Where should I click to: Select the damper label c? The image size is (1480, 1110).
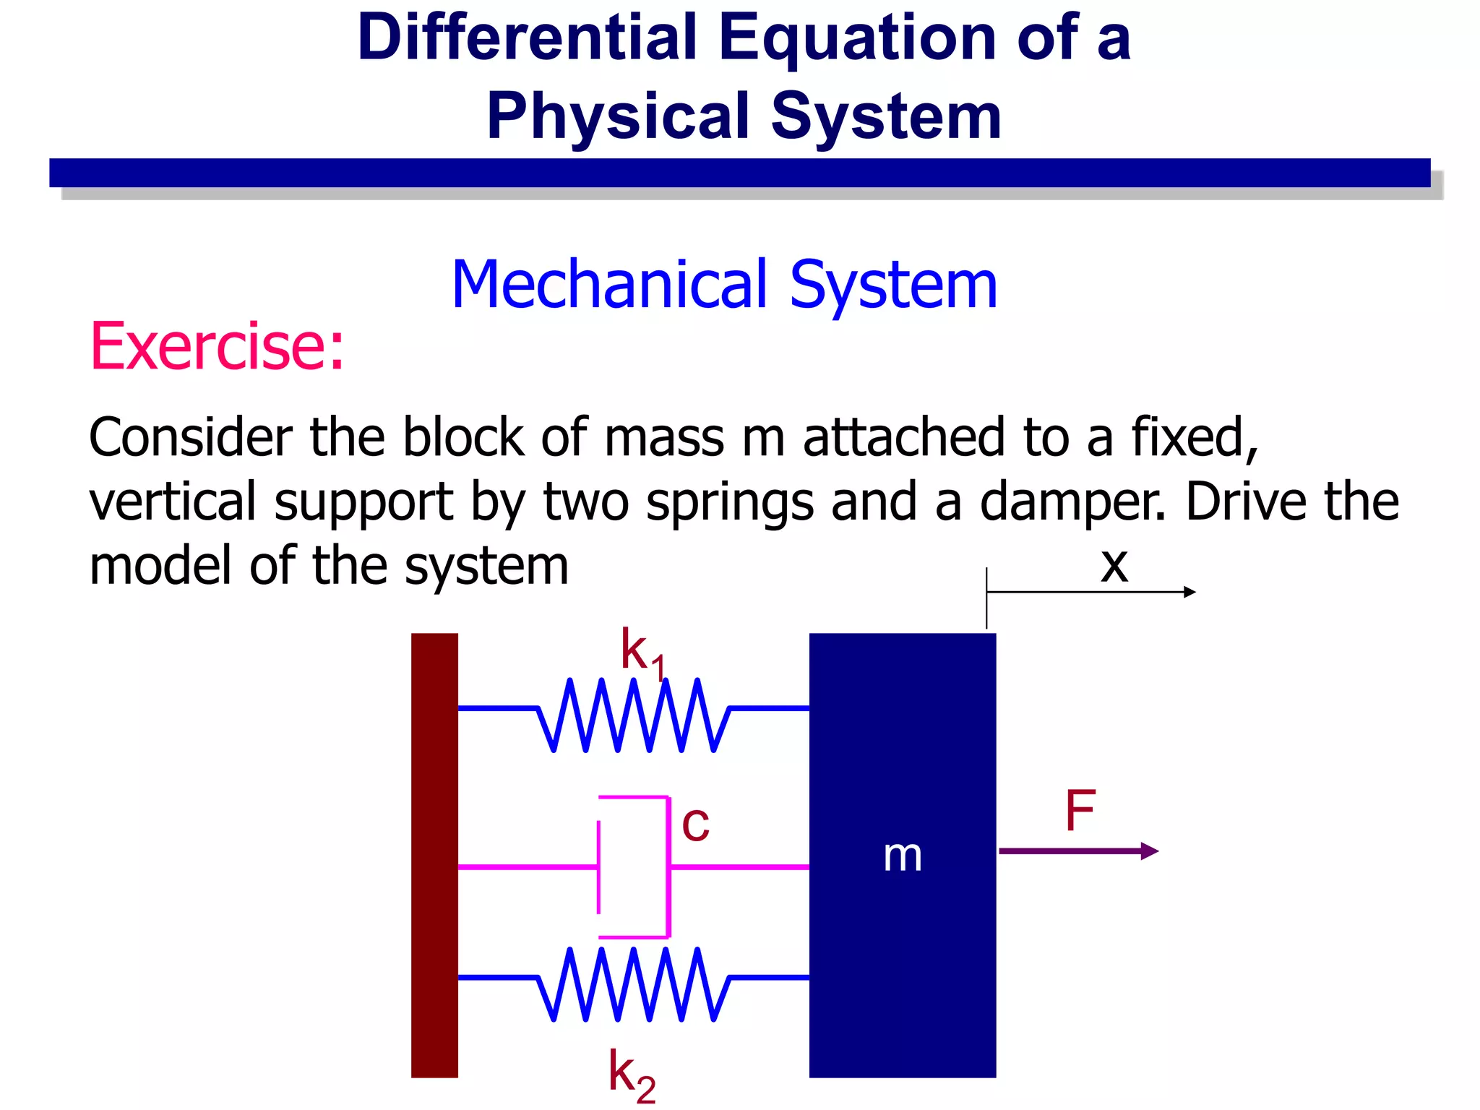[x=695, y=824]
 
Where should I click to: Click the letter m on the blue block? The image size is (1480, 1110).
[x=903, y=856]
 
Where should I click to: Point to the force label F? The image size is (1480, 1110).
[x=1080, y=811]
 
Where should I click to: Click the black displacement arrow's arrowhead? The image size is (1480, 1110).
[x=1189, y=592]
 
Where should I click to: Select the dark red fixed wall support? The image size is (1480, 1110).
[x=434, y=855]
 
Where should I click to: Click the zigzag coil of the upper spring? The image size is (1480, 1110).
[x=634, y=715]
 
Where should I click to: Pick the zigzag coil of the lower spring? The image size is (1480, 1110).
[x=634, y=984]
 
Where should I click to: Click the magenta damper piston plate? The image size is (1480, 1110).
[x=599, y=866]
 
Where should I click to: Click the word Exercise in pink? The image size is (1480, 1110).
[x=216, y=347]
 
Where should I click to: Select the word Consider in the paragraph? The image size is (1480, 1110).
[x=191, y=438]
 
